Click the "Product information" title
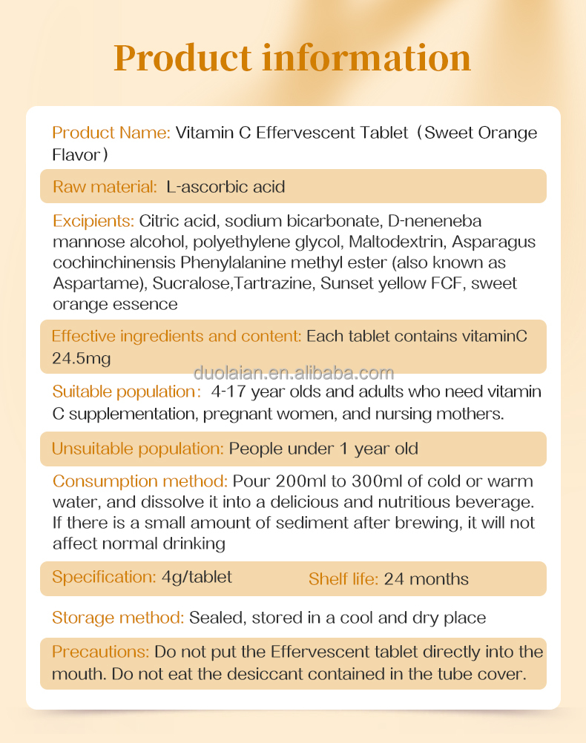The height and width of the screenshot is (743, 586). [292, 58]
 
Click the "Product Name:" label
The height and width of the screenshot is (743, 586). [111, 133]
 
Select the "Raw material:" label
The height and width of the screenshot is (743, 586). [105, 187]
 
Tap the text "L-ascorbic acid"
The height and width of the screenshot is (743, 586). [225, 187]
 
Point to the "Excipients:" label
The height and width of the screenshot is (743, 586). [93, 221]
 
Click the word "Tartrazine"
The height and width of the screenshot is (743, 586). [269, 283]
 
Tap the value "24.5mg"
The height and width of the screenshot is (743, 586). [81, 359]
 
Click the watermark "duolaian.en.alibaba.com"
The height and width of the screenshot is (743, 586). [294, 372]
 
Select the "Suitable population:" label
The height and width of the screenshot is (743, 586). [125, 392]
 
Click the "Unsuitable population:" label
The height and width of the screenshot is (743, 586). [137, 449]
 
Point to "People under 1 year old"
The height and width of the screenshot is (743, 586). [323, 449]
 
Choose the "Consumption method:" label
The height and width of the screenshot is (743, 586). [140, 481]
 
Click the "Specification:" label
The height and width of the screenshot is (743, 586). [104, 577]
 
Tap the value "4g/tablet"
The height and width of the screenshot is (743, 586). [197, 577]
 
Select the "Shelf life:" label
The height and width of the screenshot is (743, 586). [343, 579]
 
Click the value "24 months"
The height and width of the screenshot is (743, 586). [427, 579]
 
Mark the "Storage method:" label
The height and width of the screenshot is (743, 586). [118, 618]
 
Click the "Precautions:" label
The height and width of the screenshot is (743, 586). [101, 652]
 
